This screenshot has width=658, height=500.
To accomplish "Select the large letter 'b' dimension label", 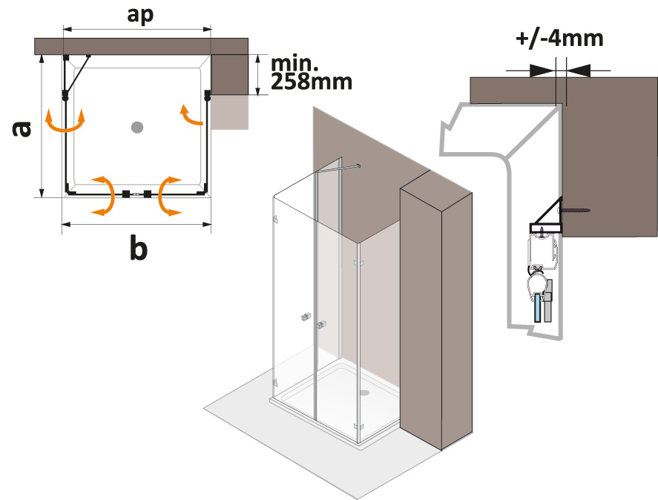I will click(x=138, y=250).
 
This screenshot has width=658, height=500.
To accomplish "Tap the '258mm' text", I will click(x=312, y=82).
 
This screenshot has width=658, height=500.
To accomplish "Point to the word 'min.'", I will click(x=295, y=62).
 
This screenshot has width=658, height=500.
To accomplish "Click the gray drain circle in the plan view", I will click(x=136, y=128).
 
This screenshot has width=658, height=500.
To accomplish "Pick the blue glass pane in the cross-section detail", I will click(x=536, y=306).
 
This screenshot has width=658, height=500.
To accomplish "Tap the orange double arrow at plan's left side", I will click(x=65, y=122).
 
